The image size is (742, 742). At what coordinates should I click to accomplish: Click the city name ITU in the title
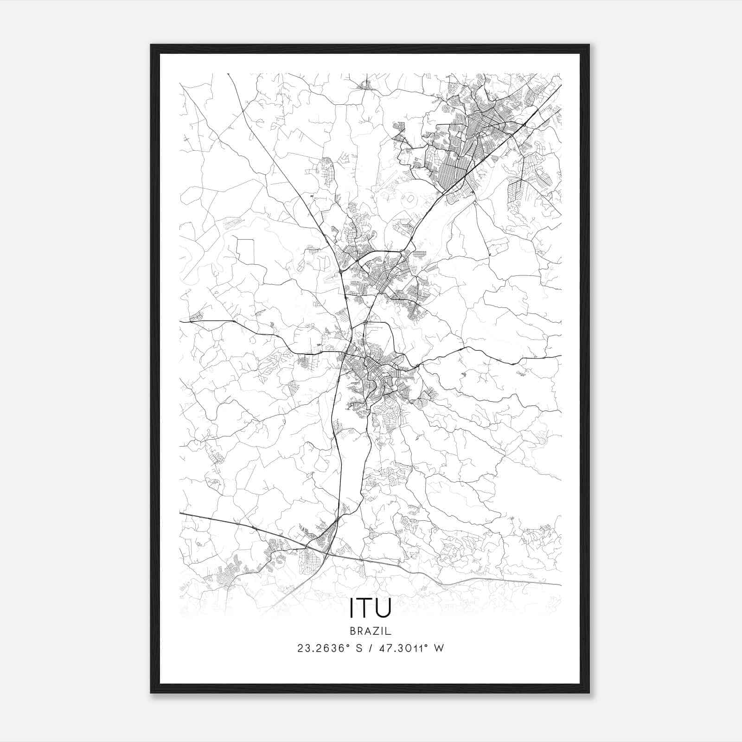(x=370, y=608)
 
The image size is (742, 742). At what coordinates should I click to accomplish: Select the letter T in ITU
(x=365, y=608)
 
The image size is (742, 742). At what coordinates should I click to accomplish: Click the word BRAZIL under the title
(x=371, y=631)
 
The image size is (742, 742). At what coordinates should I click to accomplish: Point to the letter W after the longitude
(x=439, y=648)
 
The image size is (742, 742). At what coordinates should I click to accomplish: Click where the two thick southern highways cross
(x=326, y=553)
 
